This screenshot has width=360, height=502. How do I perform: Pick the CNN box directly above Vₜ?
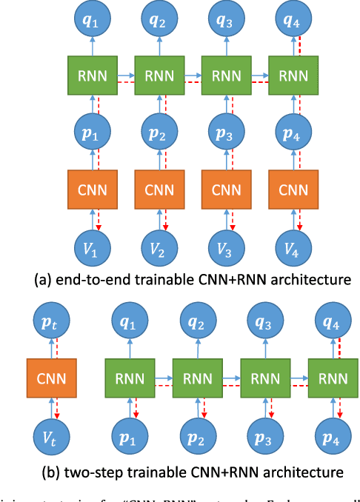tap(47, 380)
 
